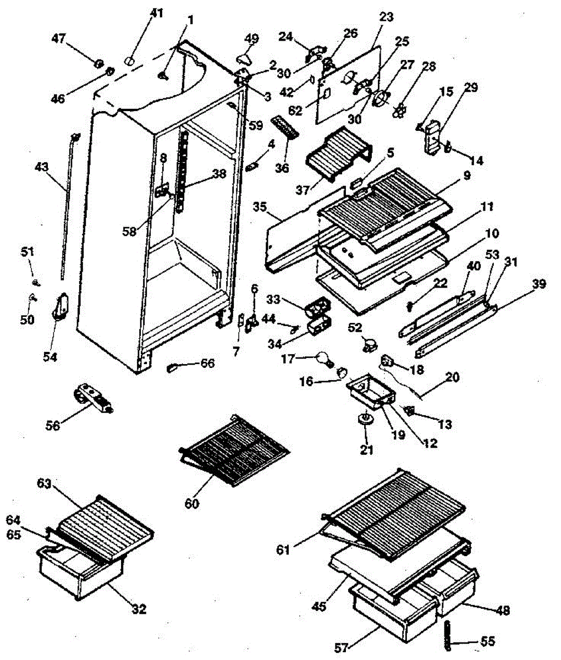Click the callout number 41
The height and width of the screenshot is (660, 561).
click(156, 13)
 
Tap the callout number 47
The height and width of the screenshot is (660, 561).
click(59, 39)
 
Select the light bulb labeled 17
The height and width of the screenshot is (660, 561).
click(324, 360)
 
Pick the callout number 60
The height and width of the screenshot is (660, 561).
click(192, 504)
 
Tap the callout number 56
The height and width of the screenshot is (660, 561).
click(53, 426)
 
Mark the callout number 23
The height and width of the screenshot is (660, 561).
click(386, 16)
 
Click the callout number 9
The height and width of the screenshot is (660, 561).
click(467, 175)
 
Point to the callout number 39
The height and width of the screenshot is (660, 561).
click(540, 284)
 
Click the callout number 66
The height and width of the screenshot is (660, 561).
click(207, 363)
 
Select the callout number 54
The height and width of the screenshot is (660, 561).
click(50, 357)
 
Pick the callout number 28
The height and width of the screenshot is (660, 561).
click(428, 67)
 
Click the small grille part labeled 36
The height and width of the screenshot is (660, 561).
click(284, 128)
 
